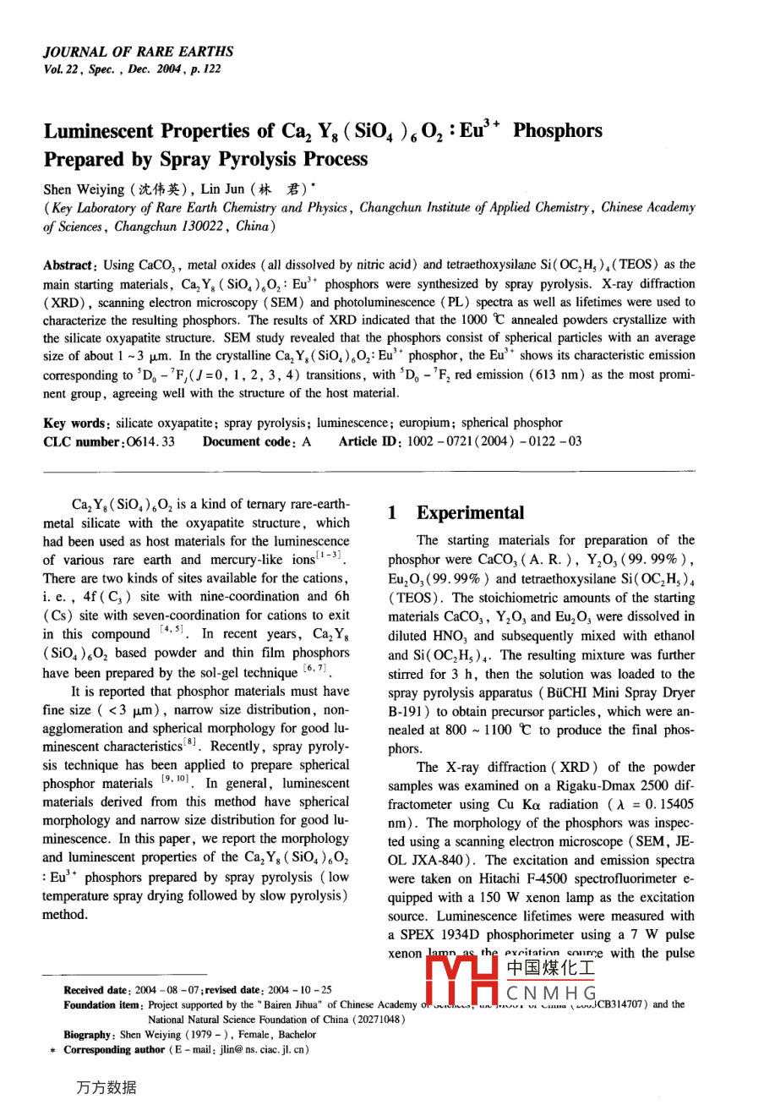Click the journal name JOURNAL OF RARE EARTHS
tap(138, 52)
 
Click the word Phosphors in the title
tap(558, 131)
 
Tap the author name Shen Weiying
tap(85, 189)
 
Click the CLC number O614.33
tap(150, 441)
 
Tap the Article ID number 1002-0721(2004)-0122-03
tap(494, 441)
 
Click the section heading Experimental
tap(470, 513)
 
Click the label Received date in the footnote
tap(95, 990)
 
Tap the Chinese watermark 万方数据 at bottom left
tap(106, 1088)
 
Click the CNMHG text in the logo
tap(552, 993)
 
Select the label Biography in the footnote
tap(88, 1034)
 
